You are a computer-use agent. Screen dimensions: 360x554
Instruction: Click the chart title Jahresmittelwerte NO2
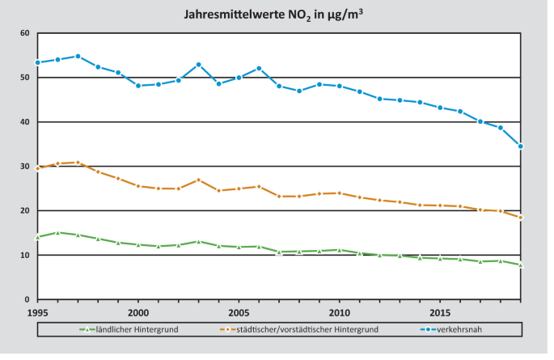coord(277,13)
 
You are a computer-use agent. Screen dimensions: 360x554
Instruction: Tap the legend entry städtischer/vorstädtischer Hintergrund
coord(308,329)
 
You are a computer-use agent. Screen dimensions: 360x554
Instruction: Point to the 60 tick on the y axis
coord(24,33)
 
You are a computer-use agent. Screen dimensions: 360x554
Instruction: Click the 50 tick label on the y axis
coord(24,78)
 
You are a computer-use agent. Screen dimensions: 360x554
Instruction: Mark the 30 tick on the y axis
coord(24,167)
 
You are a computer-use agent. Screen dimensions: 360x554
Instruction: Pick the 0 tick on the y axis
coord(27,299)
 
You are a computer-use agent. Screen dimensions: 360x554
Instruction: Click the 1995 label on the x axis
coord(37,312)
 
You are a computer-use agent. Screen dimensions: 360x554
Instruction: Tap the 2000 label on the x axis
coord(138,312)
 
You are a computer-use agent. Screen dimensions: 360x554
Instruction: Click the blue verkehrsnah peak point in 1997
coord(78,57)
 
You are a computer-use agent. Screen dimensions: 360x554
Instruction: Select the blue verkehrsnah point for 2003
coord(199,65)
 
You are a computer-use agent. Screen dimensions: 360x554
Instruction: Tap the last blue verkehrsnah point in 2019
coord(521,146)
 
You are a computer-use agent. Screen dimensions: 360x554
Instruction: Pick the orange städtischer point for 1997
coord(78,163)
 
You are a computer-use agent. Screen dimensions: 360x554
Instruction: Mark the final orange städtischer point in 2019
coord(521,218)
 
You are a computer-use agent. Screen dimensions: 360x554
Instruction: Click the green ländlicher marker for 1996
coord(57,232)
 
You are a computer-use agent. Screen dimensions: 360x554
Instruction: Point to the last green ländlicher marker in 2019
coord(521,265)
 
